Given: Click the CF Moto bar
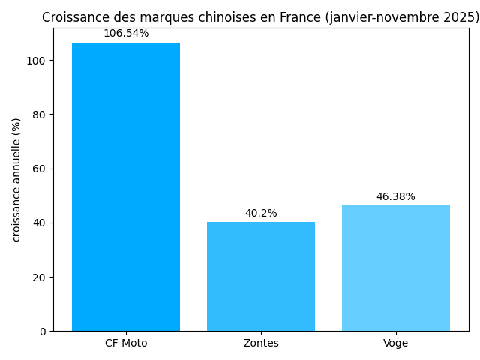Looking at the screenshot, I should coord(126,187).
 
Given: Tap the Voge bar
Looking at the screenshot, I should coord(395,268).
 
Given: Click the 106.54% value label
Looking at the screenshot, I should coord(126,34).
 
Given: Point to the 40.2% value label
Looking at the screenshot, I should coord(261,214).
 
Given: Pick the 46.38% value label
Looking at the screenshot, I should coord(395,197).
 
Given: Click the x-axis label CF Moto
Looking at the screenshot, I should coord(126,343).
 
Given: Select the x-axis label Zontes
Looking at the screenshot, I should coord(261,343).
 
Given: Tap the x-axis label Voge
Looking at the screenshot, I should coord(395,343).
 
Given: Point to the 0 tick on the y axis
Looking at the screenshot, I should coord(42,331).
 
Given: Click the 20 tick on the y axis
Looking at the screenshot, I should coord(39,277).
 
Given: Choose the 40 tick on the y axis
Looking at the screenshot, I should coord(39,223).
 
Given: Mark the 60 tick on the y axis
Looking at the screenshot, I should coord(39,169).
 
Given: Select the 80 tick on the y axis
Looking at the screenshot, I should coord(39,115).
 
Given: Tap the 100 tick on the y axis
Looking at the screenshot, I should coord(37,61).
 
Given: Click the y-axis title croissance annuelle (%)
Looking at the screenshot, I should coord(16,180).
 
